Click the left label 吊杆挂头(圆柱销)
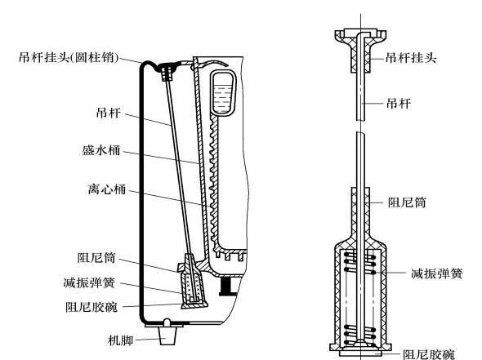[x=69, y=58]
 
